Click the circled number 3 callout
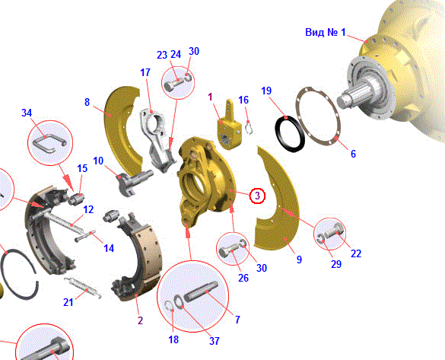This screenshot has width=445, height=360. (x=257, y=196)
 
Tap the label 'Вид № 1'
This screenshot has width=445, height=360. (x=326, y=32)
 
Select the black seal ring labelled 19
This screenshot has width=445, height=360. (x=290, y=133)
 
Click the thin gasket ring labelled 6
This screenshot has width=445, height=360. (x=318, y=116)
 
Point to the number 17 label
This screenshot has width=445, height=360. (x=145, y=72)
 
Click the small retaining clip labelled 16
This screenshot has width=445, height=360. (x=250, y=127)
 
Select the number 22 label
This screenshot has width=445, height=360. (x=356, y=253)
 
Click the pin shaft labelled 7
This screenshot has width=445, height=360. (x=201, y=292)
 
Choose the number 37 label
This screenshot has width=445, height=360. (x=215, y=341)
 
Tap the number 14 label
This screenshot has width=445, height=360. (x=109, y=249)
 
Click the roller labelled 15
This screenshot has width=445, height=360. (x=76, y=198)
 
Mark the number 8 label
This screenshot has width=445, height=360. (x=87, y=102)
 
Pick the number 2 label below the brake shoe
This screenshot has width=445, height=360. (x=140, y=321)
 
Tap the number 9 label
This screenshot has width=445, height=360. (x=299, y=260)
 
